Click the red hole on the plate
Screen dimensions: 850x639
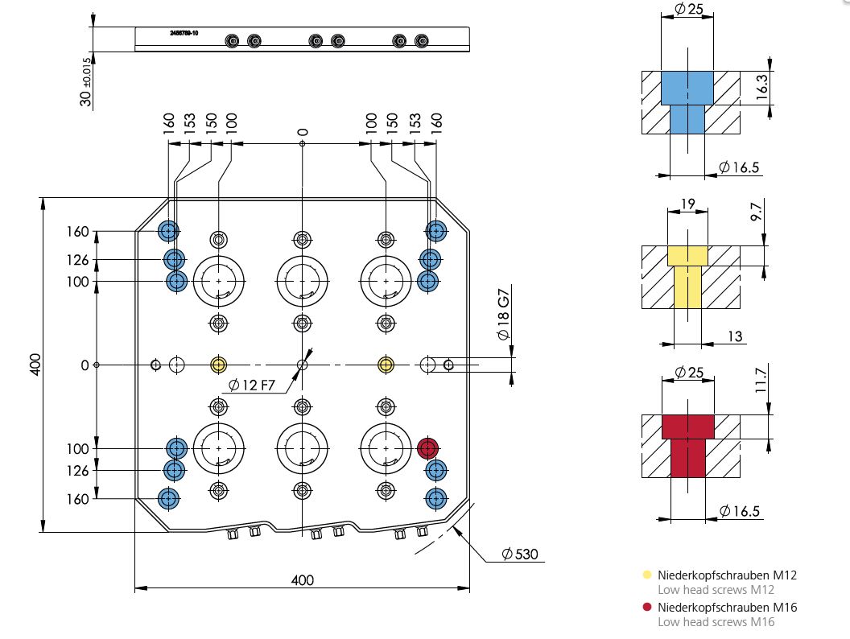coord(427,448)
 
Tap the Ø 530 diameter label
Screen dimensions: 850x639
coord(519,554)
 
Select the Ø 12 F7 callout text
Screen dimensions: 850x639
coord(251,385)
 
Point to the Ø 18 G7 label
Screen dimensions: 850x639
coord(504,315)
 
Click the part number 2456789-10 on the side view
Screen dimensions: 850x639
coord(184,33)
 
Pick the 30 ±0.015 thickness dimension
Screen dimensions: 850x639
coord(85,81)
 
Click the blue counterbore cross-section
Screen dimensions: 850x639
coord(687,102)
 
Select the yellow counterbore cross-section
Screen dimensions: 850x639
coord(687,277)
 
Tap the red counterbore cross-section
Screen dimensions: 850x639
coord(688,446)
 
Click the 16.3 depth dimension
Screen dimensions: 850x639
coord(761,87)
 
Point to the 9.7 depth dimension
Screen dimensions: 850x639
coord(757,210)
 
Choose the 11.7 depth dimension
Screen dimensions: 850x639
coord(761,380)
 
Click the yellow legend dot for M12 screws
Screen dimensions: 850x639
coord(646,575)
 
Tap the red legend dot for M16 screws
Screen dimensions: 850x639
coord(646,607)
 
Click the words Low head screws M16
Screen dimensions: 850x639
coord(716,621)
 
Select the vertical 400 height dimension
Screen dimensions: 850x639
coord(35,365)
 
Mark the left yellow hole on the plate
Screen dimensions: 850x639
coord(218,365)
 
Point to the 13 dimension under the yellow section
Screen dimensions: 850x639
coord(735,336)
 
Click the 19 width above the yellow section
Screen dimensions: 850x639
coord(687,204)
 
